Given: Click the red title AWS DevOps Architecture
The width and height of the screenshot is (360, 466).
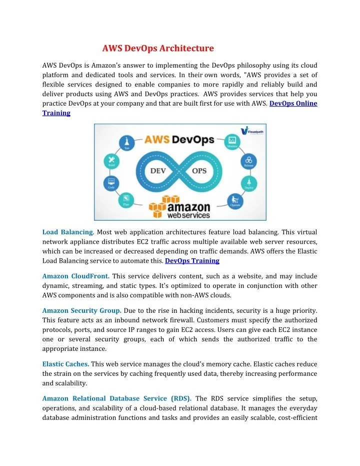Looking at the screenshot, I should (x=158, y=49).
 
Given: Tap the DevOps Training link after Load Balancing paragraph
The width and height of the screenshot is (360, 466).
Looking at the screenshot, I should (x=192, y=261).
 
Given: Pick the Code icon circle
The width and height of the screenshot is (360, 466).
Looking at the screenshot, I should (x=110, y=182).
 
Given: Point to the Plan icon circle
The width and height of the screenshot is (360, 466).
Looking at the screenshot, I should (x=124, y=200).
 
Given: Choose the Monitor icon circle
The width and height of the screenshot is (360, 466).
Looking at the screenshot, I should (x=231, y=141).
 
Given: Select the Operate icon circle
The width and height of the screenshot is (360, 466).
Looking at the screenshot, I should (x=234, y=201).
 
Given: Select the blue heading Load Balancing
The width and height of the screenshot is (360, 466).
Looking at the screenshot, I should (x=67, y=232).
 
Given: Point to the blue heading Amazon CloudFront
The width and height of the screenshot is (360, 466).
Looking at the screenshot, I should (x=76, y=276).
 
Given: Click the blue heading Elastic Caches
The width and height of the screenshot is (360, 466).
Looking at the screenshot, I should (x=65, y=364).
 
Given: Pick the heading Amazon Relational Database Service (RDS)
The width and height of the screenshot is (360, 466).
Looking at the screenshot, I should (x=116, y=398).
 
